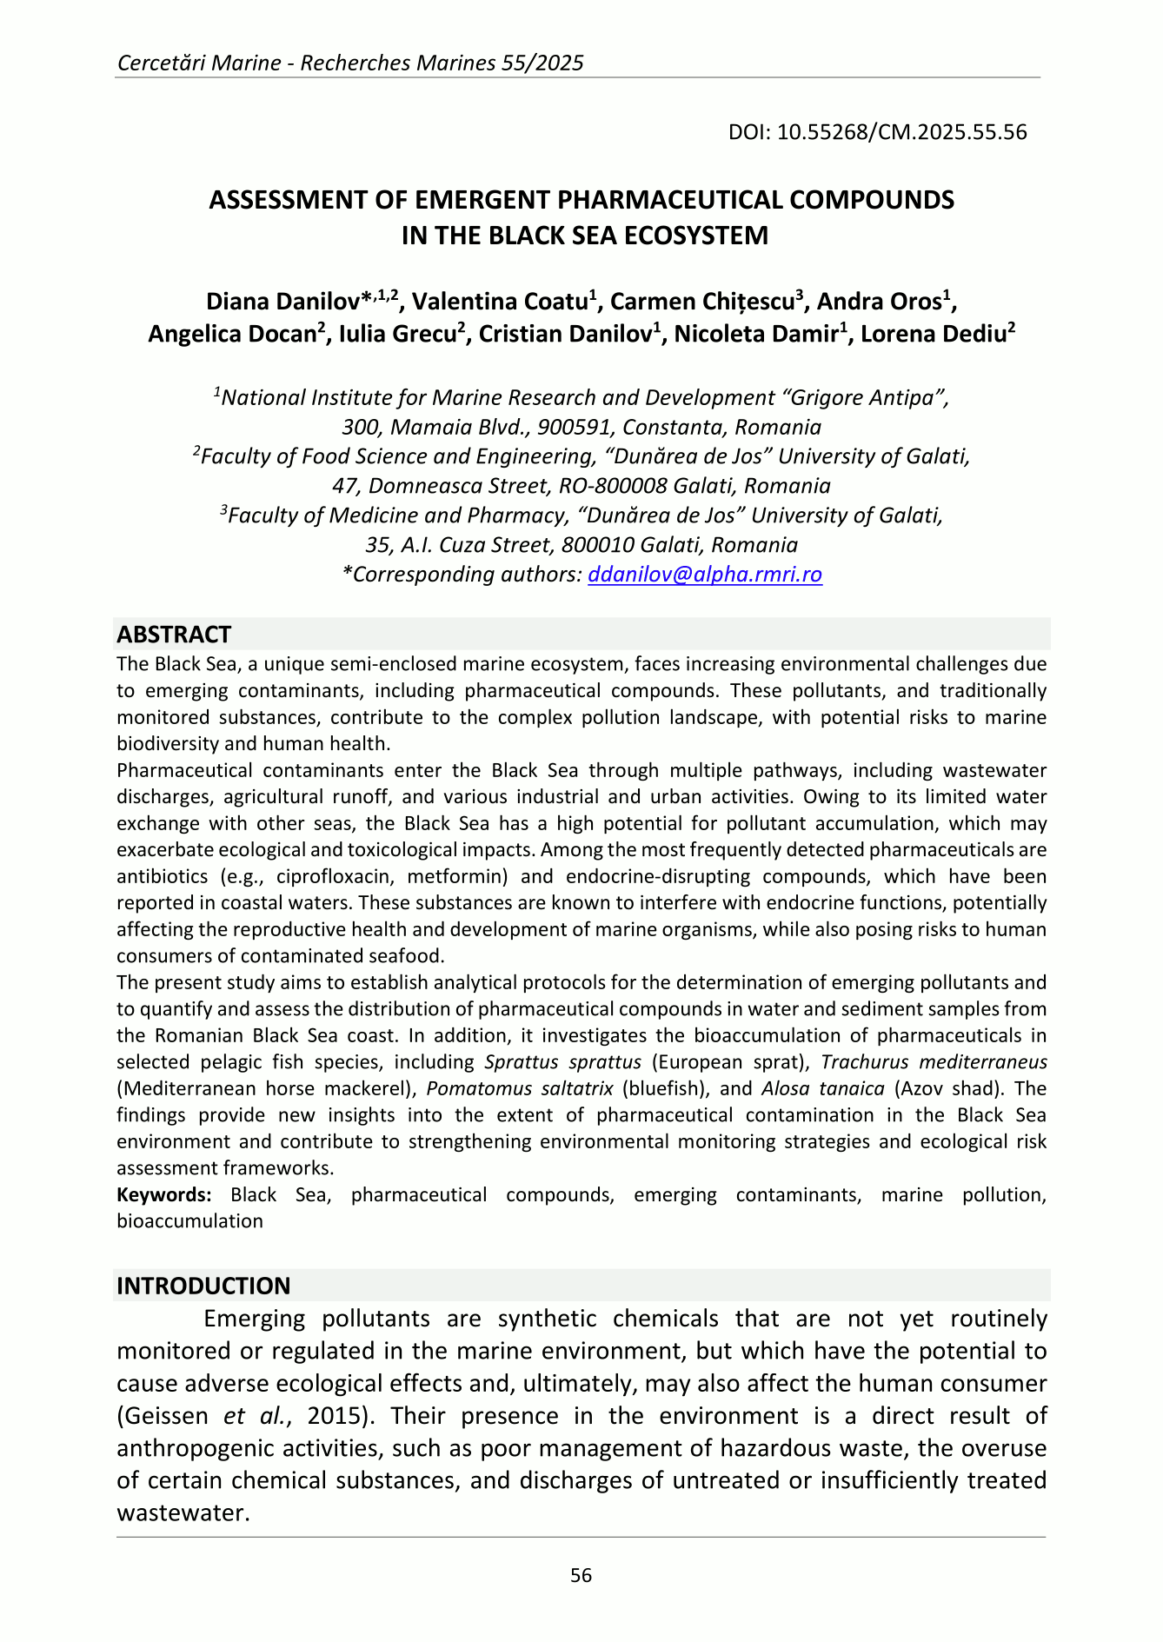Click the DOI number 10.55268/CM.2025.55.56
click(901, 132)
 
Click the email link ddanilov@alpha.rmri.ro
click(705, 575)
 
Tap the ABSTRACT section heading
click(174, 634)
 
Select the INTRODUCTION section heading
click(203, 1286)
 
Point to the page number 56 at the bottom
click(581, 1575)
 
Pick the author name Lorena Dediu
click(932, 335)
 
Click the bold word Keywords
click(164, 1194)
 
